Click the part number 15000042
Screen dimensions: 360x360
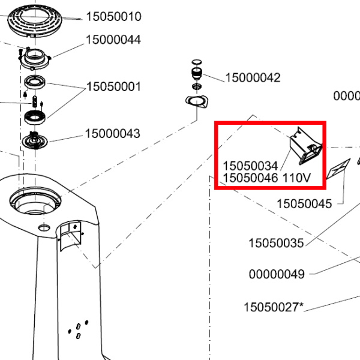(x=253, y=78)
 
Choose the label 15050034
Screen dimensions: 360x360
(x=250, y=165)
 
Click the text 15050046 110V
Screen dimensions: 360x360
(x=267, y=178)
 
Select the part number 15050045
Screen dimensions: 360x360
(x=304, y=204)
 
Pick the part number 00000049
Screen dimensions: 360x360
(x=277, y=275)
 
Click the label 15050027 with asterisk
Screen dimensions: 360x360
(x=274, y=308)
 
